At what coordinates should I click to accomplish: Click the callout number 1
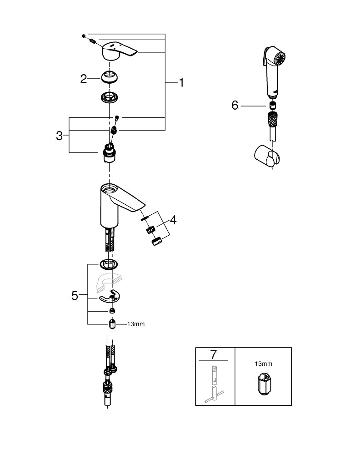click(x=181, y=82)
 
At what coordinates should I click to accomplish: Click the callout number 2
click(x=84, y=79)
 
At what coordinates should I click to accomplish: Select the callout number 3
click(x=59, y=135)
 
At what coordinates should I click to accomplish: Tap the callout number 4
click(x=173, y=220)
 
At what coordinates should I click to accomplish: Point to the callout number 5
click(x=75, y=295)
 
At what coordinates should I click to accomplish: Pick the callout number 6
click(x=235, y=106)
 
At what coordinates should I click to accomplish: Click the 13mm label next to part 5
click(x=136, y=324)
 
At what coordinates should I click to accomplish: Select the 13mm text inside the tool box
click(x=263, y=364)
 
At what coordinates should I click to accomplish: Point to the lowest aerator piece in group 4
click(x=157, y=242)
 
